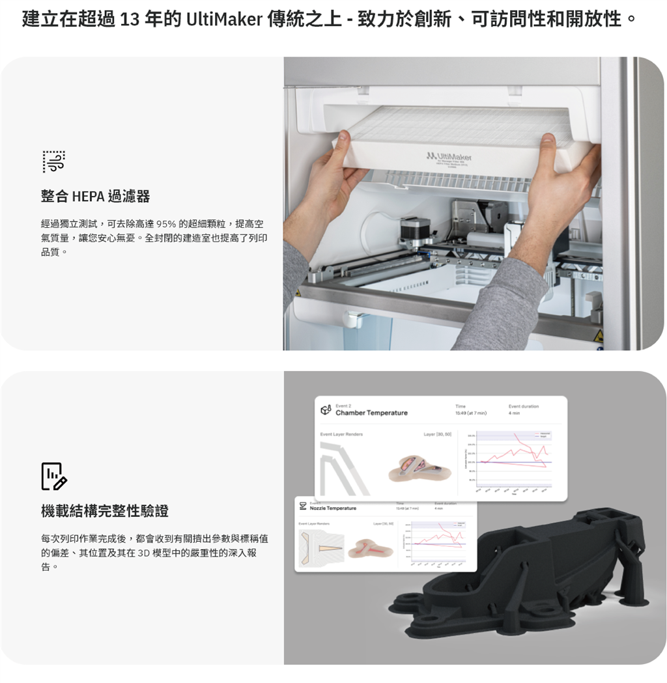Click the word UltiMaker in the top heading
click(224, 19)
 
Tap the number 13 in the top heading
click(130, 19)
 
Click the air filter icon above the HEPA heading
click(53, 161)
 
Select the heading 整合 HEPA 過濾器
click(95, 196)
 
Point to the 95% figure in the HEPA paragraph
click(167, 224)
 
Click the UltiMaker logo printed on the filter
click(449, 156)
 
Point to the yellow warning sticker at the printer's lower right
click(598, 335)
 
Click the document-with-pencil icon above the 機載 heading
click(53, 476)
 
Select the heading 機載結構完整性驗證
click(105, 511)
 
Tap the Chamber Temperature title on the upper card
click(371, 413)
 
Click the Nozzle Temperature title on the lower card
click(333, 508)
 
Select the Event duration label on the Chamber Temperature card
click(523, 406)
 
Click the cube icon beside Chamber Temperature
click(326, 410)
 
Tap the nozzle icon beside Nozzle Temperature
click(303, 507)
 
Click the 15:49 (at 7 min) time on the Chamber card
click(470, 413)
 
